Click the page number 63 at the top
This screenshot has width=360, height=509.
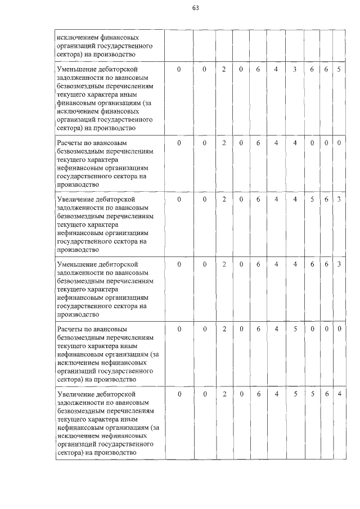coord(195,8)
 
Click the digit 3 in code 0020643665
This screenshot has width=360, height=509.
coord(295,69)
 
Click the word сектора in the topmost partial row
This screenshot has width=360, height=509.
coord(70,55)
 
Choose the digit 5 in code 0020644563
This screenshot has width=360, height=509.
coord(312,199)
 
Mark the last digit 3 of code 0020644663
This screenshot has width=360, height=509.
coord(339,264)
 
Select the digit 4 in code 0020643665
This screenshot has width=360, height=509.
coord(276,69)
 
